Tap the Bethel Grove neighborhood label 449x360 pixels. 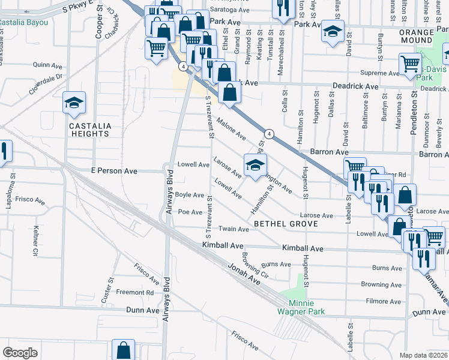click(282, 223)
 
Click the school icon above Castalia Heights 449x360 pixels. click(74, 103)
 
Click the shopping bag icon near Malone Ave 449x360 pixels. click(229, 92)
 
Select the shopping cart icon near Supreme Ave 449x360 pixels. click(411, 64)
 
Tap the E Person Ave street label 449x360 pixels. click(114, 172)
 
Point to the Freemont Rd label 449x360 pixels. click(134, 293)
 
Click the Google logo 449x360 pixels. click(20, 353)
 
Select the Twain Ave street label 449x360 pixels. click(234, 229)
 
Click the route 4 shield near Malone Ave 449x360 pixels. click(270, 133)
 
